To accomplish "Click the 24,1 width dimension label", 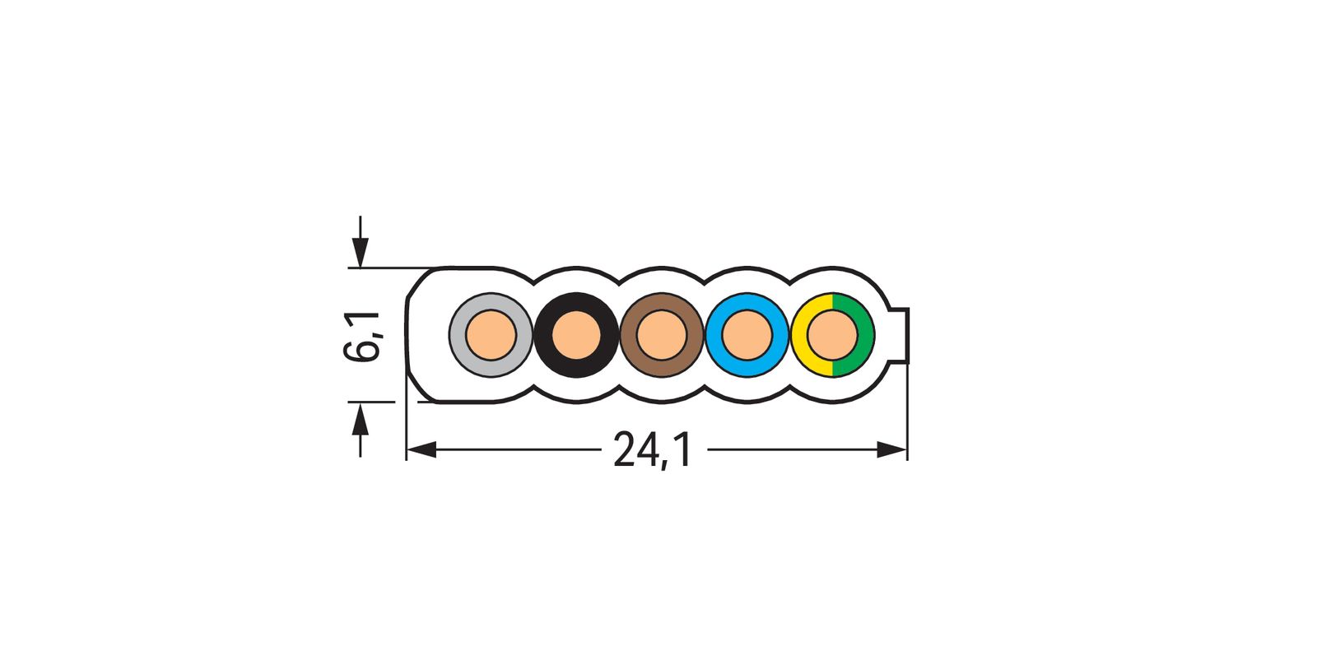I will (654, 451).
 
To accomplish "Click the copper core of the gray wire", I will (491, 336).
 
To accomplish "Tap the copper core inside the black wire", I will (576, 336).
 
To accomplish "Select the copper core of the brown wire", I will (662, 336).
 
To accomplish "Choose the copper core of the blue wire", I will (747, 336).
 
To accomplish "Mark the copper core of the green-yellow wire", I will (833, 336).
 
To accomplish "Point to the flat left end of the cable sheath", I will (409, 336).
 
